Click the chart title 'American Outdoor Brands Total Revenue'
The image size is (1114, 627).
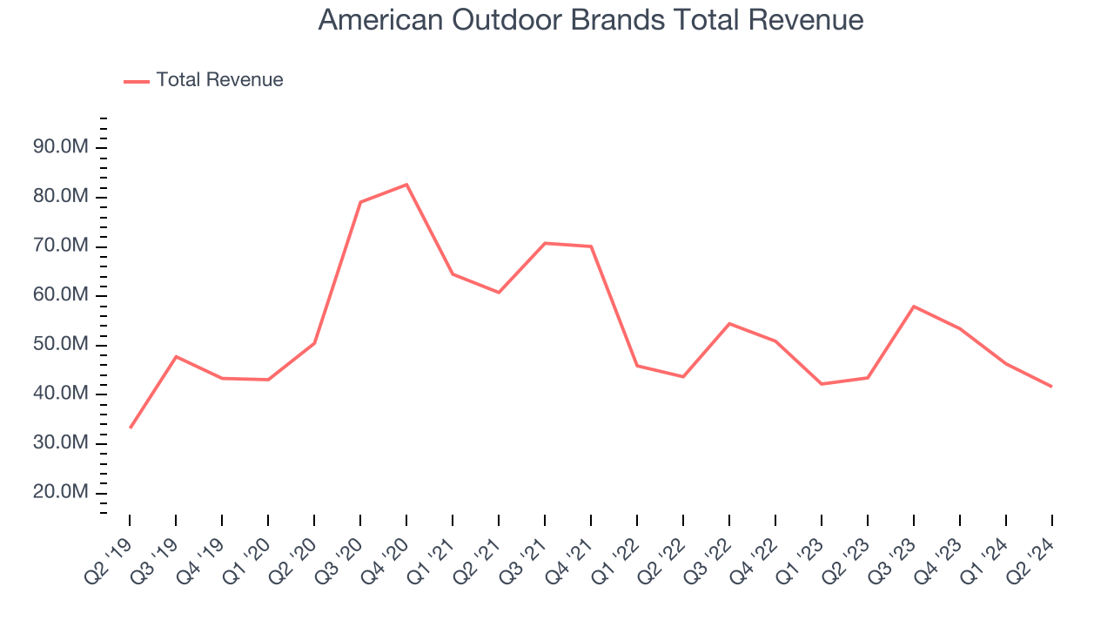[591, 20]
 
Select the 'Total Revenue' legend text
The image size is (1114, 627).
[219, 80]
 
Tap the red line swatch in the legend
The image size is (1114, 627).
[137, 81]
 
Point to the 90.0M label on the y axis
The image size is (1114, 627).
[61, 147]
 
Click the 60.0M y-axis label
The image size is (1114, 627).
[61, 295]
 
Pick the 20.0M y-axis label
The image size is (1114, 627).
[61, 493]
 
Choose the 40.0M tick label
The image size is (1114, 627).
[61, 394]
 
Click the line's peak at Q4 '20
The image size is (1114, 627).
[406, 185]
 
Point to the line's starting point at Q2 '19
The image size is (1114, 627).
[130, 428]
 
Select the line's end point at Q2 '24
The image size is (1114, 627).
[1051, 387]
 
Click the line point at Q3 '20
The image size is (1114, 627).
[360, 202]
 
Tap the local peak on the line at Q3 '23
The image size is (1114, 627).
[914, 307]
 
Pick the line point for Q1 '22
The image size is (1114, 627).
[637, 366]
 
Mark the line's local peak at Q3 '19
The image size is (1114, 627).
[176, 356]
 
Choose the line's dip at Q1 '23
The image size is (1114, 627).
[822, 384]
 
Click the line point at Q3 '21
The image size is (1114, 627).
[545, 243]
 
